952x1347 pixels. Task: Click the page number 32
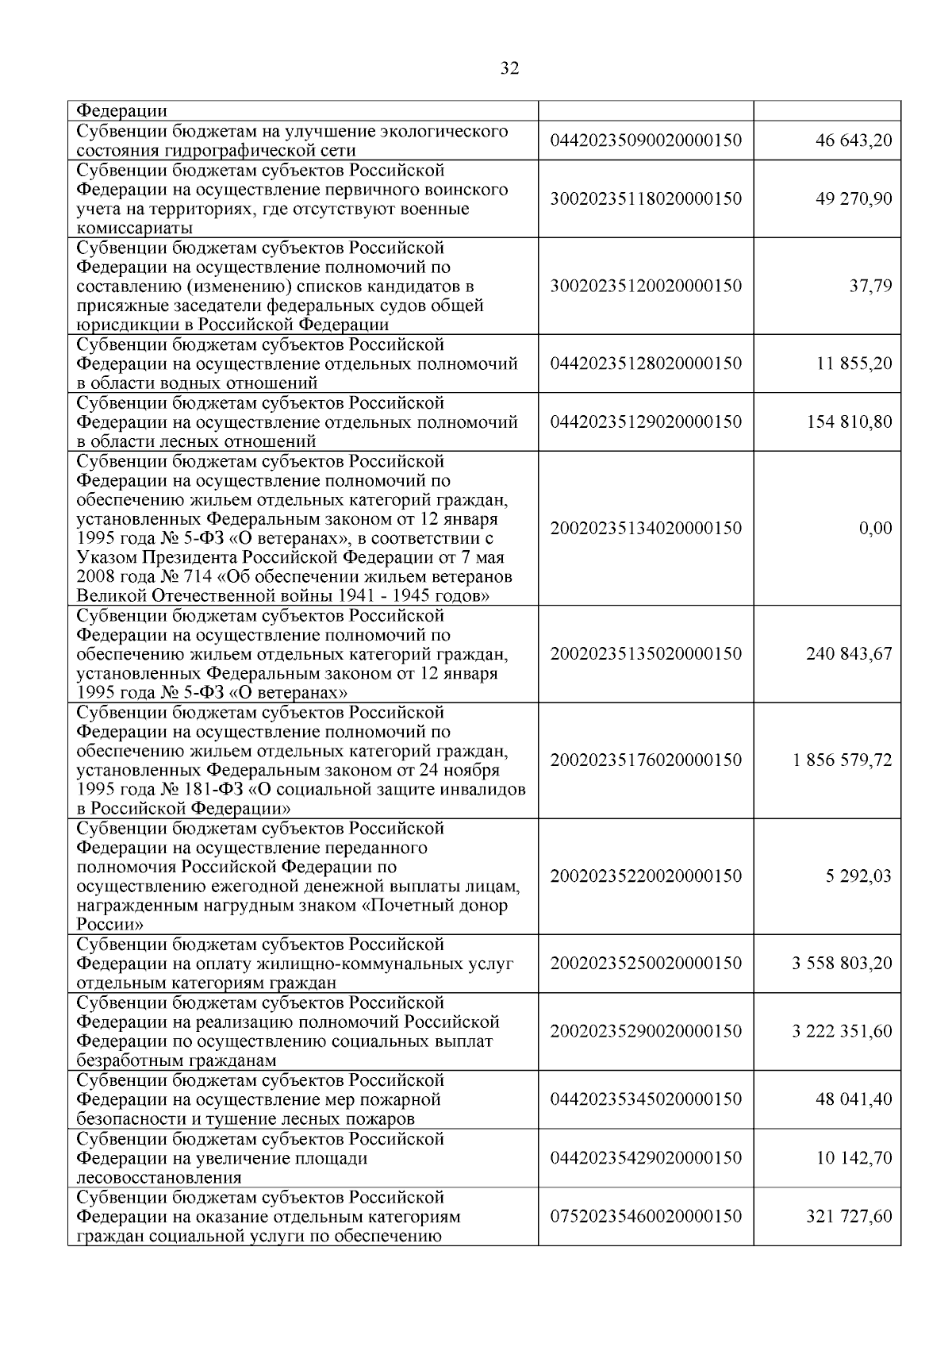click(510, 69)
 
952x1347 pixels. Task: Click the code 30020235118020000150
click(646, 199)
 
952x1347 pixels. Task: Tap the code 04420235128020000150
click(646, 364)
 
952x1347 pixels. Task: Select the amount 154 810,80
click(849, 421)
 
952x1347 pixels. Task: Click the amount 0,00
click(875, 528)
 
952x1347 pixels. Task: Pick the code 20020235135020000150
click(646, 654)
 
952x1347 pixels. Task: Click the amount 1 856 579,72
click(842, 760)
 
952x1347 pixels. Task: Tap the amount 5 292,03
click(858, 876)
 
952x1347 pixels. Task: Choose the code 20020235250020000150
click(646, 964)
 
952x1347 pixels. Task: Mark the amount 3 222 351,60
click(842, 1031)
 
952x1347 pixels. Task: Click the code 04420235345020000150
click(646, 1099)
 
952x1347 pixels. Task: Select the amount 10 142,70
click(854, 1158)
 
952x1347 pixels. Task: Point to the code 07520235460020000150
click(646, 1216)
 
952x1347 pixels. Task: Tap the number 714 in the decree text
click(198, 577)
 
